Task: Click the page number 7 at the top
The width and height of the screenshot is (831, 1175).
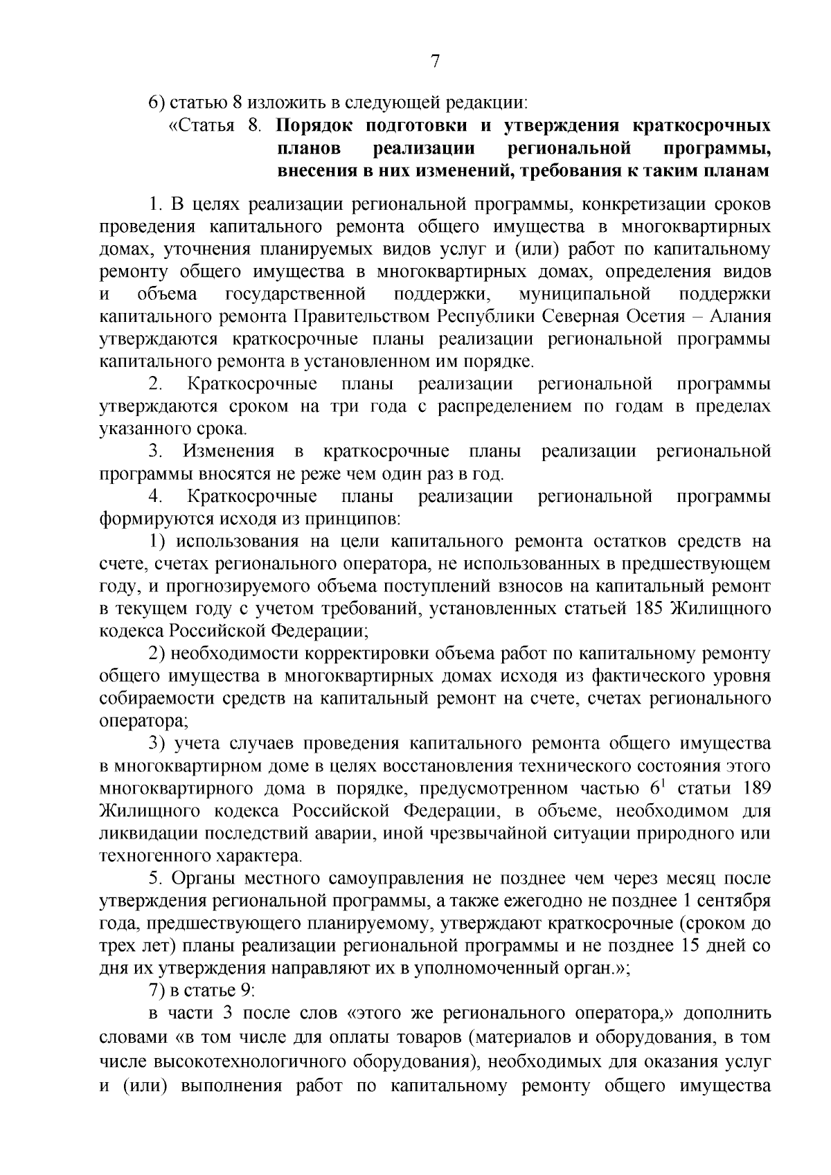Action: pyautogui.click(x=435, y=62)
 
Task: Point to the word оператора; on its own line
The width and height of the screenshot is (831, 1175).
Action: pyautogui.click(x=143, y=721)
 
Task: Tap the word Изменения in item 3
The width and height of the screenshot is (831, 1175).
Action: pyautogui.click(x=229, y=452)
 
